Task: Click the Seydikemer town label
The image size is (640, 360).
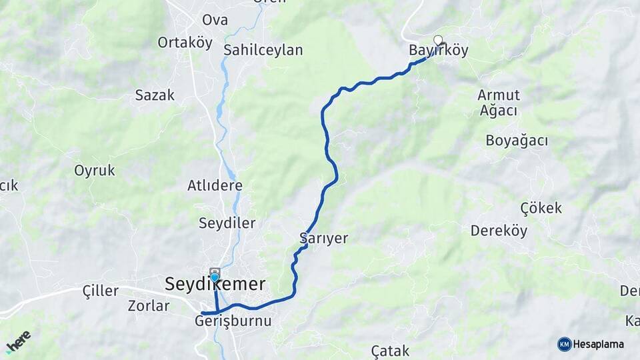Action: point(215,285)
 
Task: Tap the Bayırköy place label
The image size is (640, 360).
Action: point(439,51)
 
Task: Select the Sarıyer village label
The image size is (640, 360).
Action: point(324,239)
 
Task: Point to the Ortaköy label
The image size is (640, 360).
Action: point(185,43)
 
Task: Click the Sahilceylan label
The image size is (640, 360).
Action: point(263,50)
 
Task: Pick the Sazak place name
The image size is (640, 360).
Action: point(155,95)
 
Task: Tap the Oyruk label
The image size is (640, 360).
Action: point(95,171)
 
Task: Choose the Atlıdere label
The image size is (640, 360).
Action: point(215,185)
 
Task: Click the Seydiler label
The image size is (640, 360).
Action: point(227,223)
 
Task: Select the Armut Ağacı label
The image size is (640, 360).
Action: point(499,103)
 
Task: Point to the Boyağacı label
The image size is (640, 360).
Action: point(517,141)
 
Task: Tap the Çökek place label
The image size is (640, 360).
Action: point(541,208)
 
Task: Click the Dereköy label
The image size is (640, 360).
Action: point(499,231)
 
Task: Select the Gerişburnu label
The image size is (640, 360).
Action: point(233,321)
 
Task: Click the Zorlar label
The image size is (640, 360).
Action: point(149,306)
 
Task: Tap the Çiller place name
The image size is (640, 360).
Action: point(100,291)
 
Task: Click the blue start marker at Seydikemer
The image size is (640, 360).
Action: point(215,277)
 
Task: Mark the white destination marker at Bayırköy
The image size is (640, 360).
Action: point(438,39)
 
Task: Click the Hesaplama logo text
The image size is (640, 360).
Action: point(598,345)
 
